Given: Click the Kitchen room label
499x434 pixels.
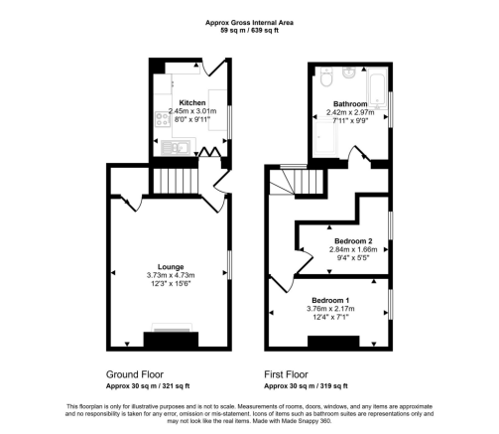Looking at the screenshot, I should [192, 102].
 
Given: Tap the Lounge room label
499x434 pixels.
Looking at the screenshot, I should [172, 267].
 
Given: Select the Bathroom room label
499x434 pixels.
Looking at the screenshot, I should [351, 104].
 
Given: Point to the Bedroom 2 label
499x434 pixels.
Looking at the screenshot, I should [353, 241].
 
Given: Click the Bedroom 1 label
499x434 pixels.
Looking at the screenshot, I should [331, 300].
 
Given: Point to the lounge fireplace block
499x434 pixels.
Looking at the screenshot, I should [171, 341].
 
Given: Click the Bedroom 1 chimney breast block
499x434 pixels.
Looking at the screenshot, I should [331, 342].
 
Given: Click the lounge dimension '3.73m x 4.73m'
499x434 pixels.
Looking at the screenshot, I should [172, 275].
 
